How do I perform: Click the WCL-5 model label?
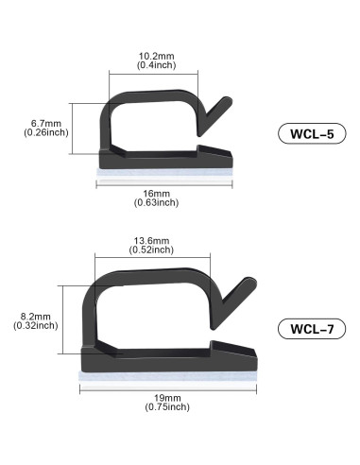click(308, 133)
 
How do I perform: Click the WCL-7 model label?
click(312, 329)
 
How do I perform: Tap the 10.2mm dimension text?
click(151, 55)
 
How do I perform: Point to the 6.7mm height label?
click(45, 123)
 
